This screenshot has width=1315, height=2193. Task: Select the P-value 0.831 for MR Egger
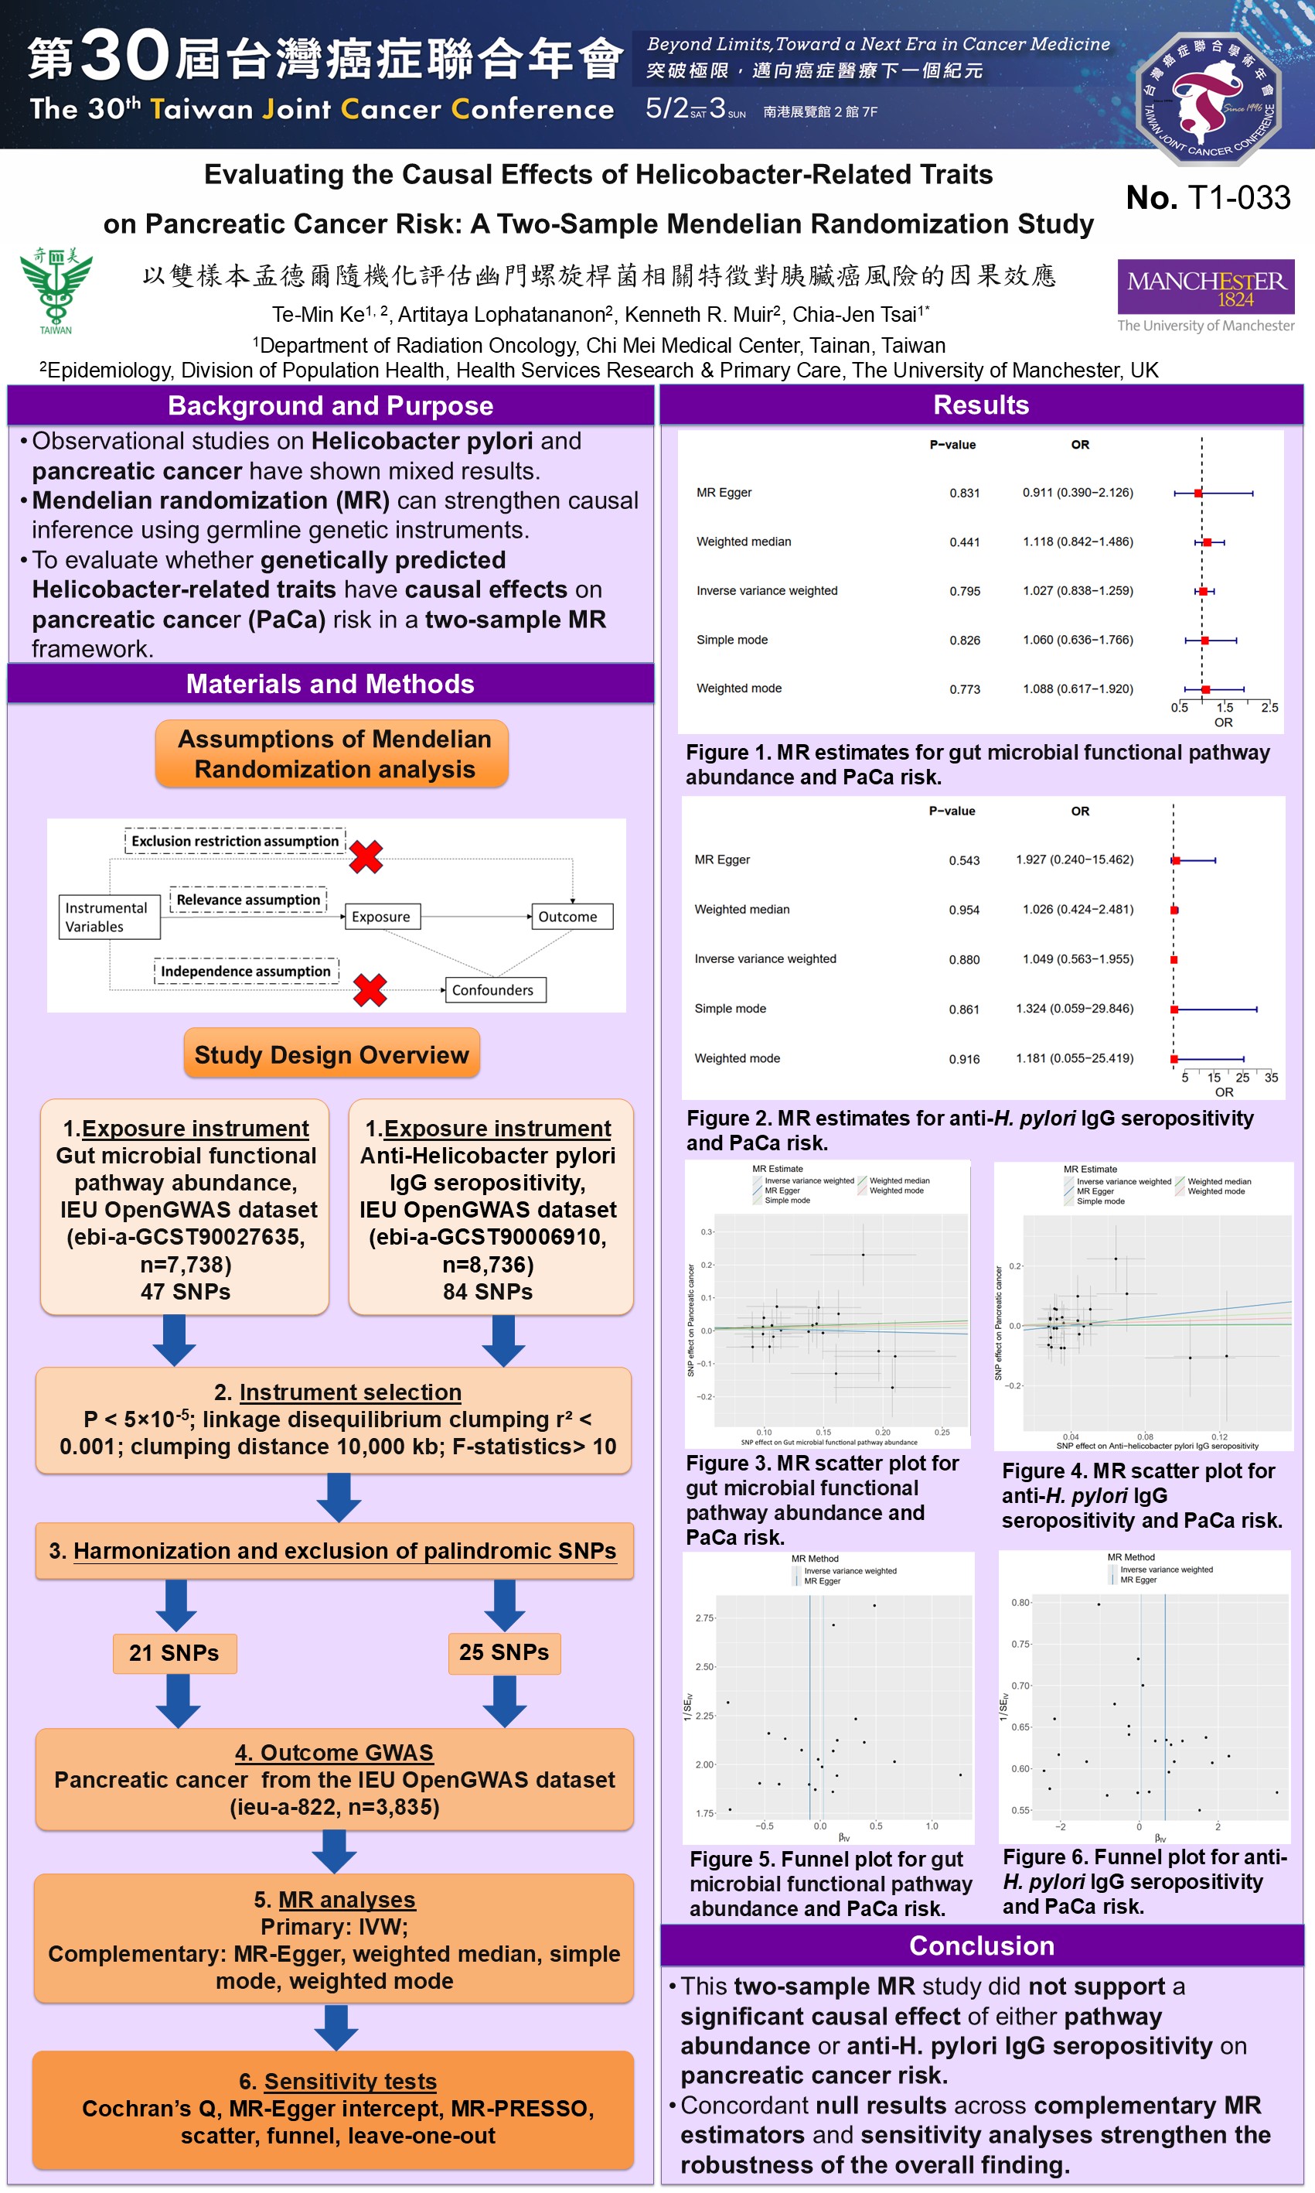tap(964, 493)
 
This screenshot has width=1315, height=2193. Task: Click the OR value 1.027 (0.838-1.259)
tap(1078, 590)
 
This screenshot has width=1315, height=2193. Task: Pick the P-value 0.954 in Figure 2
tap(964, 910)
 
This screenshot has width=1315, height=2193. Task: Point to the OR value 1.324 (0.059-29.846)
tap(1074, 1009)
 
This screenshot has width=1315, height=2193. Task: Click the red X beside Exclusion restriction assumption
tap(366, 856)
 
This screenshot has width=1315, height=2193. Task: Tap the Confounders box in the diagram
tap(493, 990)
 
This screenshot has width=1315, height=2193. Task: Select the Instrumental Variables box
tap(108, 917)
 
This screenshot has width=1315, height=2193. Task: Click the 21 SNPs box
tap(175, 1653)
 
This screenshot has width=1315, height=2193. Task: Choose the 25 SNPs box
tap(503, 1652)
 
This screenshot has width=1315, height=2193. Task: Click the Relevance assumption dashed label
tap(248, 900)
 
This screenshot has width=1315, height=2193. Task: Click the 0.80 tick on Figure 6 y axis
tap(1020, 1603)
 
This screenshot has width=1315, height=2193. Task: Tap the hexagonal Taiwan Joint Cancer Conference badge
tap(1208, 97)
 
